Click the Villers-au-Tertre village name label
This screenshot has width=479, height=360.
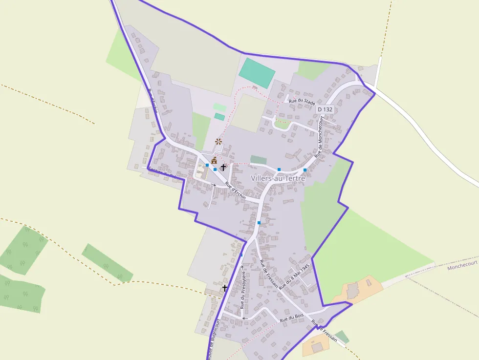coord(278,178)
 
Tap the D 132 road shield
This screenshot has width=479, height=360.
coord(325,109)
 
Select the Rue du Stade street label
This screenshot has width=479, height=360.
coord(302,101)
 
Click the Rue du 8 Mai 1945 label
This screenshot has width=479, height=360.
coord(294,278)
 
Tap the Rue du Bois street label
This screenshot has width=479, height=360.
coord(292,318)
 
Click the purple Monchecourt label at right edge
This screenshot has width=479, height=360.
coord(462,263)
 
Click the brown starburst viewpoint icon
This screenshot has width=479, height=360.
coord(218,142)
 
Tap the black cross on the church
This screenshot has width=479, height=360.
coord(223,167)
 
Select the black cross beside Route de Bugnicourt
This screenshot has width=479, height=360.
coord(225,288)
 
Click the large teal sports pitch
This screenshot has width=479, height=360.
coord(257,73)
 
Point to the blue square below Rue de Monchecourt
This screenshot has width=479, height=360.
coord(305,170)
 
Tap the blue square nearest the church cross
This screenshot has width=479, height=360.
coord(215,169)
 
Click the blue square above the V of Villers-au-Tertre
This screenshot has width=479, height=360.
coord(279,169)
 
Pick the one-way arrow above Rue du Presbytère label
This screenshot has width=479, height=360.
coord(242,267)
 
